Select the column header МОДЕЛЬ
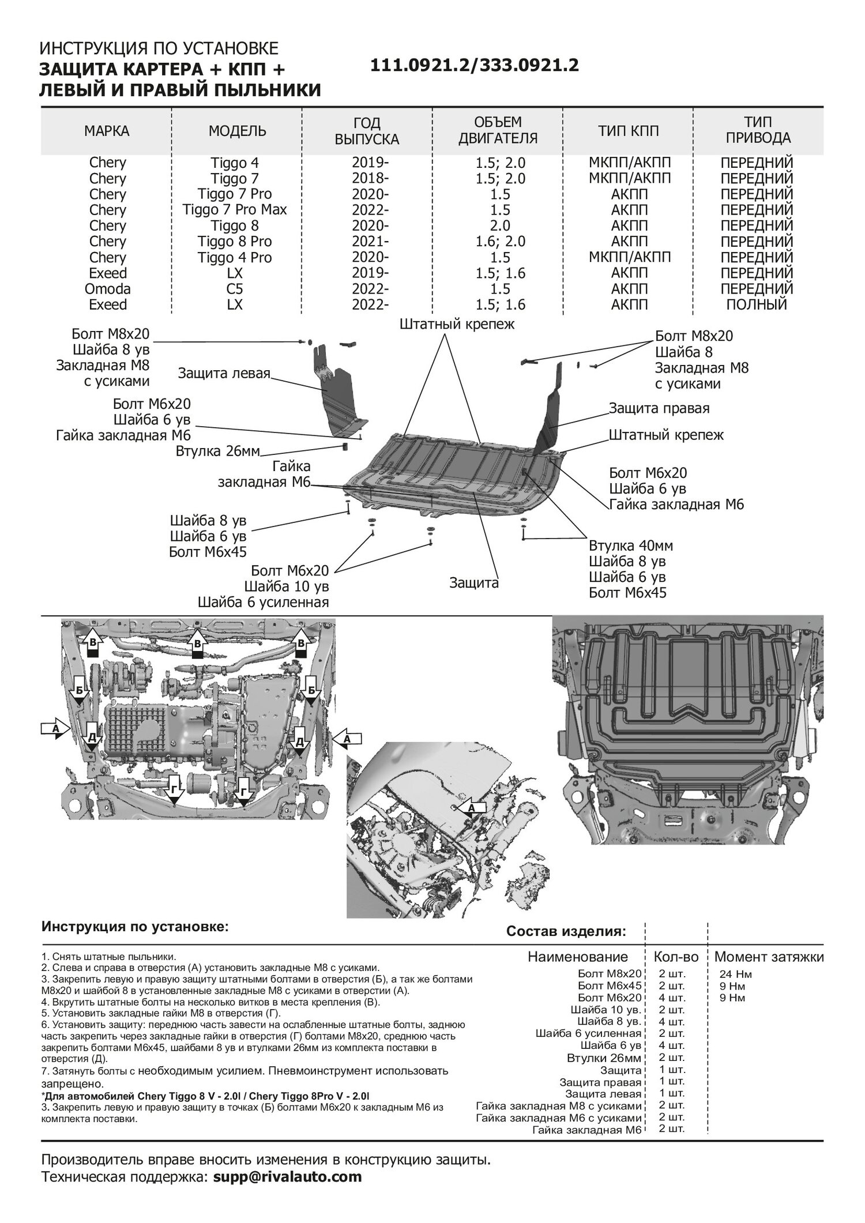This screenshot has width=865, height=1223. [237, 131]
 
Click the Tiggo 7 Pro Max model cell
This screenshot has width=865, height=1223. [235, 210]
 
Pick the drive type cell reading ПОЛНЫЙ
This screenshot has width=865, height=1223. [757, 304]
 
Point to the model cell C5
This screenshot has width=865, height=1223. [235, 288]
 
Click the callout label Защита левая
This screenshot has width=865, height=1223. [224, 373]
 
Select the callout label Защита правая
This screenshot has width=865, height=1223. [659, 408]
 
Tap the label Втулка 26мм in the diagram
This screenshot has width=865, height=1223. [218, 451]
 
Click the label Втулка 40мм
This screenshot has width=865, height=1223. [631, 545]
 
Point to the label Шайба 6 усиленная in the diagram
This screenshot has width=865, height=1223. [263, 603]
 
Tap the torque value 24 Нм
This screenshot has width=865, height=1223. [735, 974]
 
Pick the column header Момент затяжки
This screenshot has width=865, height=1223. [769, 957]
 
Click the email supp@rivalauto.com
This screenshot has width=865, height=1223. [287, 1176]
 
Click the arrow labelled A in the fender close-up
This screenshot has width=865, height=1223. [471, 808]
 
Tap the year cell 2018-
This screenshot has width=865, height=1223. [370, 178]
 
